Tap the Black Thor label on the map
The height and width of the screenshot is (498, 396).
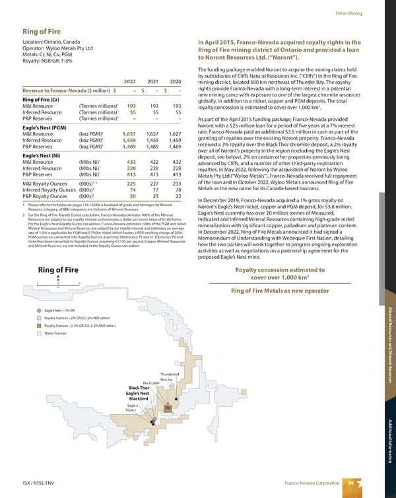(143, 388)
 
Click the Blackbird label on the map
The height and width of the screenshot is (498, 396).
(143, 399)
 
